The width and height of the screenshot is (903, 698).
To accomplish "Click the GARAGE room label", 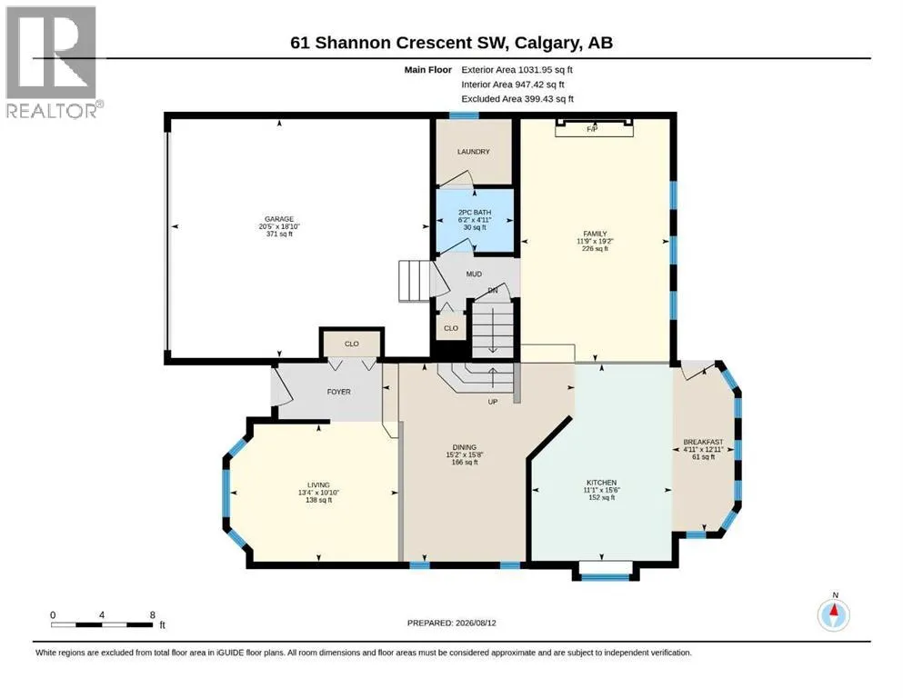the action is point(279,219).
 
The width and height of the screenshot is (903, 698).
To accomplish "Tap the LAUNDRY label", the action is point(474,152).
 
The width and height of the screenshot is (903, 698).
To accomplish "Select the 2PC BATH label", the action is point(475,213).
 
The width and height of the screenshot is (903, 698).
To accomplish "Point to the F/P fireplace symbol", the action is point(594,128).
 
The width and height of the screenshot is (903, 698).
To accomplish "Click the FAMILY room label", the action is point(595,234).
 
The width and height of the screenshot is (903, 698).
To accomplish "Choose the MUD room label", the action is point(474,274).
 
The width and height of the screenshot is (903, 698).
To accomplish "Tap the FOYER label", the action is point(338,392).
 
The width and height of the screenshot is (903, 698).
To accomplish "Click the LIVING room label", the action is point(318,485).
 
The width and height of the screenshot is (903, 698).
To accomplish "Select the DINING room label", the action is point(464,447).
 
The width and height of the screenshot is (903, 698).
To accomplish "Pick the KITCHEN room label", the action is point(601,483).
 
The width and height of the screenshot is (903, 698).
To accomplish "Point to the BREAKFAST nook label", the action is point(703,442).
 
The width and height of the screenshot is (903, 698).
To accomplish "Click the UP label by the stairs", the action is point(493,402).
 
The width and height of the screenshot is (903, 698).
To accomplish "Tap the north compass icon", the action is point(833,614).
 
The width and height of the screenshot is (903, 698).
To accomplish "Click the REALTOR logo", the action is point(53,62).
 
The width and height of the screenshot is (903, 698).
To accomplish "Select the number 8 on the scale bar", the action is point(153,614).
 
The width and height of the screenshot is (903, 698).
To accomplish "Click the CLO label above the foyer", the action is point(352,344).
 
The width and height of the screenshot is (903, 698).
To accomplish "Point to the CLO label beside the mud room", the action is point(451,328).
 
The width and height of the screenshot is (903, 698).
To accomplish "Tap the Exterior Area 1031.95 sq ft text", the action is point(517,70).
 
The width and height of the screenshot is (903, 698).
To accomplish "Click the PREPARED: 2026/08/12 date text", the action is point(451,623).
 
